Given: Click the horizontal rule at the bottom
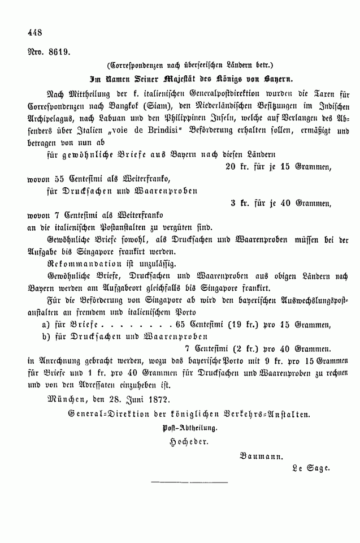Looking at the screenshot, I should (189, 482).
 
